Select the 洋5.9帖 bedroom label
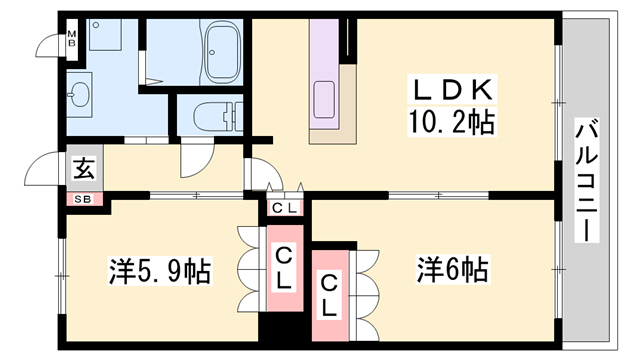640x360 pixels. point(160,271)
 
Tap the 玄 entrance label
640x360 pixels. point(83,169)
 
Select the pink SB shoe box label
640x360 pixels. point(84,198)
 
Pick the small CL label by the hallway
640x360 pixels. point(284,208)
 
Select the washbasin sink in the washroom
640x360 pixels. point(79,96)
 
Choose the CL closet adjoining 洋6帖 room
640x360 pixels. point(327,294)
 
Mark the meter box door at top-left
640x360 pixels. point(47,45)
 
